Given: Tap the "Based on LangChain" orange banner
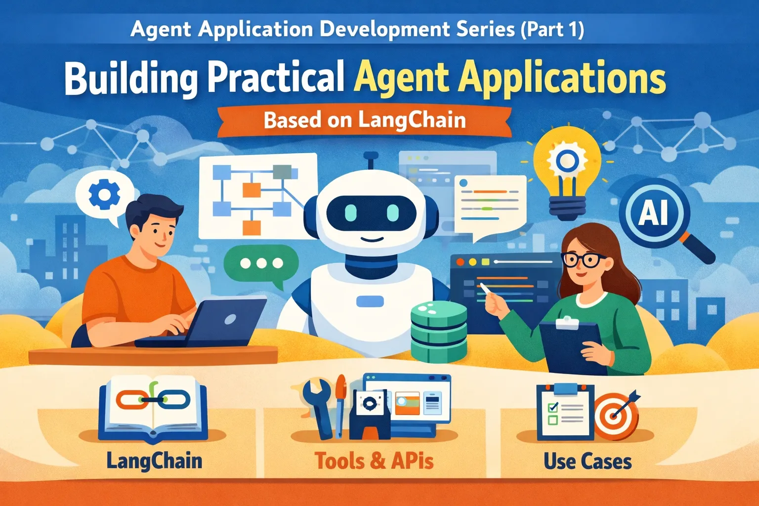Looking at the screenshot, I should [365, 121].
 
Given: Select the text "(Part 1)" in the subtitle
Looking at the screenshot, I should [552, 29].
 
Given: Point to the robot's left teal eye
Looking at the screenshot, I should [350, 212].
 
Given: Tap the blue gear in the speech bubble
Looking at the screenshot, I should [104, 194].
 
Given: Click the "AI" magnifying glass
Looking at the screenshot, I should [654, 213].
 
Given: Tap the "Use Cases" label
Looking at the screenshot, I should [588, 462].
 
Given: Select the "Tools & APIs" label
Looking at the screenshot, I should [374, 461].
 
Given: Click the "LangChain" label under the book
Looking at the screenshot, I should [154, 461].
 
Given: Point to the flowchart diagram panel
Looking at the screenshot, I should [257, 195].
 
